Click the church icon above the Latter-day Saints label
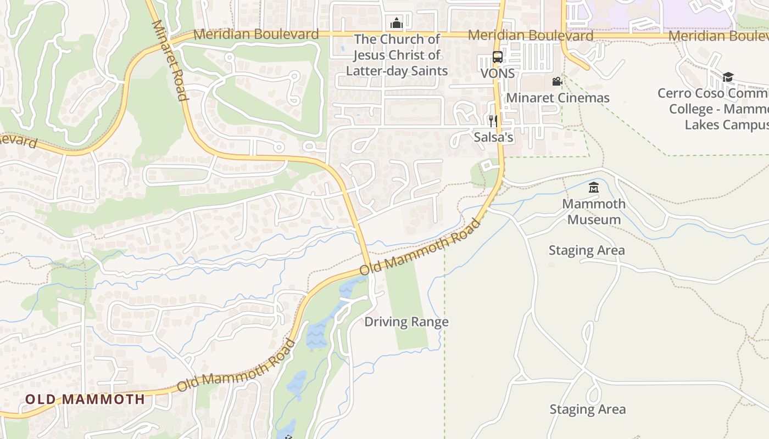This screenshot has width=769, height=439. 396,23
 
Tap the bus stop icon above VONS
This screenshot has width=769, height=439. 497,57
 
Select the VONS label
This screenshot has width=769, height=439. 498,73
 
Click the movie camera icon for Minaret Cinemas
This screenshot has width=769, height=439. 557,82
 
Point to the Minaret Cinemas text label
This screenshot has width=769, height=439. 558,98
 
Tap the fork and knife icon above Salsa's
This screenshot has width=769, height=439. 493,121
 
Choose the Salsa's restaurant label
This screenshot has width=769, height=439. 493,137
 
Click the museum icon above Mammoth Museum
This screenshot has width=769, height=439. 593,188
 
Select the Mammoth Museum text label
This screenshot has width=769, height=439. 594,212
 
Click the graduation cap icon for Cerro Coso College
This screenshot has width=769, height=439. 728,77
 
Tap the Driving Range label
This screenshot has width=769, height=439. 406,322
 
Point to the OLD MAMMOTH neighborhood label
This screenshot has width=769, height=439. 85,399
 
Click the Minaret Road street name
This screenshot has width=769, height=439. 169,60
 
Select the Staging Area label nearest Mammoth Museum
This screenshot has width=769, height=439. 587,251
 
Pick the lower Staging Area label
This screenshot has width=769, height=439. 588,409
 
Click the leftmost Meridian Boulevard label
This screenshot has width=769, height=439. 256,34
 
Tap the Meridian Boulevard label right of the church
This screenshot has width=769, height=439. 531,36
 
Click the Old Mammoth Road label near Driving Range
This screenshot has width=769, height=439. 420,247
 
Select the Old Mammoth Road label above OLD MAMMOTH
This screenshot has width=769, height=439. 236,366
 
